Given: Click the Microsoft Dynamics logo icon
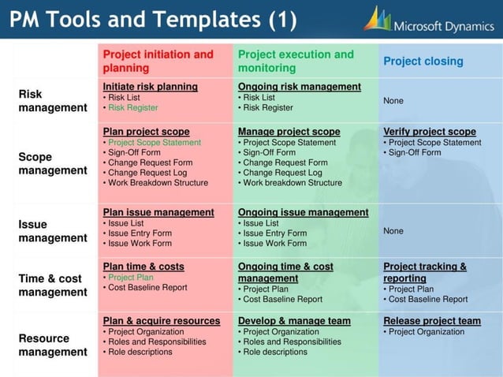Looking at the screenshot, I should tap(377, 18).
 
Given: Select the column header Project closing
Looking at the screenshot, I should tap(423, 61).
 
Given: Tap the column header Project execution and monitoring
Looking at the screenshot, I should tap(296, 61).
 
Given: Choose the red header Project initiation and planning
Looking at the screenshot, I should tap(158, 61).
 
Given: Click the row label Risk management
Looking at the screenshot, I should tap(53, 100).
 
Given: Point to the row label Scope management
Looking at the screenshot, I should tap(53, 163).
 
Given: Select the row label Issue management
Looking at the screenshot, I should tap(53, 230).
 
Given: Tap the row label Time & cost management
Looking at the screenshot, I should tap(53, 285).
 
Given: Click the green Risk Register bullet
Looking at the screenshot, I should tap(132, 107).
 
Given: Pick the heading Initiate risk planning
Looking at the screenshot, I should tap(150, 86).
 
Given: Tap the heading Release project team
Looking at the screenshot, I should tap(431, 321).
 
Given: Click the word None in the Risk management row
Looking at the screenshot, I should tap(393, 101).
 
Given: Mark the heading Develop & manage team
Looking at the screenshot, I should tap(294, 321).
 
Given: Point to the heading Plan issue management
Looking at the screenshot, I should tap(158, 212).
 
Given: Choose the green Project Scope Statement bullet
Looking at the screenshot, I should tap(155, 143).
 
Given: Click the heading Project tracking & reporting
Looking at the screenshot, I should tap(425, 272).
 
